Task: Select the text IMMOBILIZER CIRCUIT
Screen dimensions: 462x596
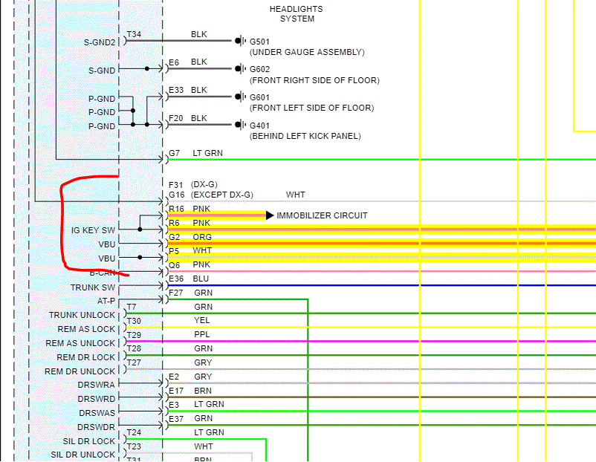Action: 322,215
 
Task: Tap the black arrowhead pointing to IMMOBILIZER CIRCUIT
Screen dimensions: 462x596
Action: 269,215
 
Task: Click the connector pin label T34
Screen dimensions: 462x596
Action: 134,35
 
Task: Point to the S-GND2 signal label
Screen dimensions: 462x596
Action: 100,42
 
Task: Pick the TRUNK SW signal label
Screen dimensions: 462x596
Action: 93,287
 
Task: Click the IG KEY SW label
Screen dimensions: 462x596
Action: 93,230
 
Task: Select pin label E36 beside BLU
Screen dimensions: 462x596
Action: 176,279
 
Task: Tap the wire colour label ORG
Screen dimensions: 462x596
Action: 202,237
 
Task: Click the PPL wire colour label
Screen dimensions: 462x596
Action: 201,334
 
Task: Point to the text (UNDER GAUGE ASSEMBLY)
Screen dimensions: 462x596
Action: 307,52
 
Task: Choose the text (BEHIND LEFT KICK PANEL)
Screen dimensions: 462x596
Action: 305,137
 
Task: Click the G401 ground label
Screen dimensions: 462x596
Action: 261,125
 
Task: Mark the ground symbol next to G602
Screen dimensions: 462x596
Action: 239,68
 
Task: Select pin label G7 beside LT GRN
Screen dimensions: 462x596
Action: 174,153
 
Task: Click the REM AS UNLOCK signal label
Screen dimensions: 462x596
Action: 80,343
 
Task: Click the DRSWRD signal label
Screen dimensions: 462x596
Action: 97,399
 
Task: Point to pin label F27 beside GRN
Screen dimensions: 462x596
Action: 175,293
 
